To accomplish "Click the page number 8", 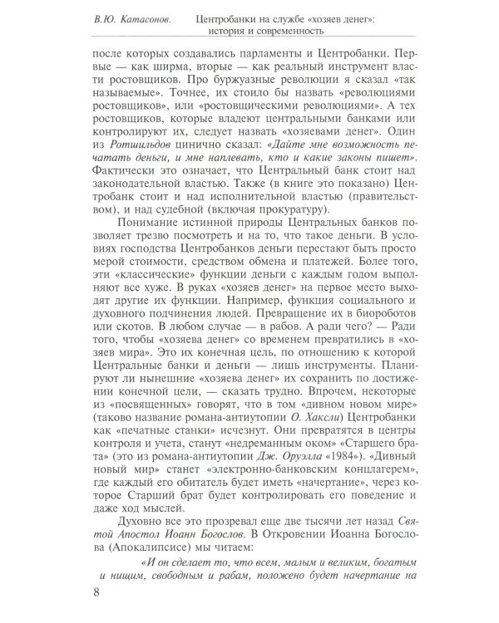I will pos(97,591).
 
